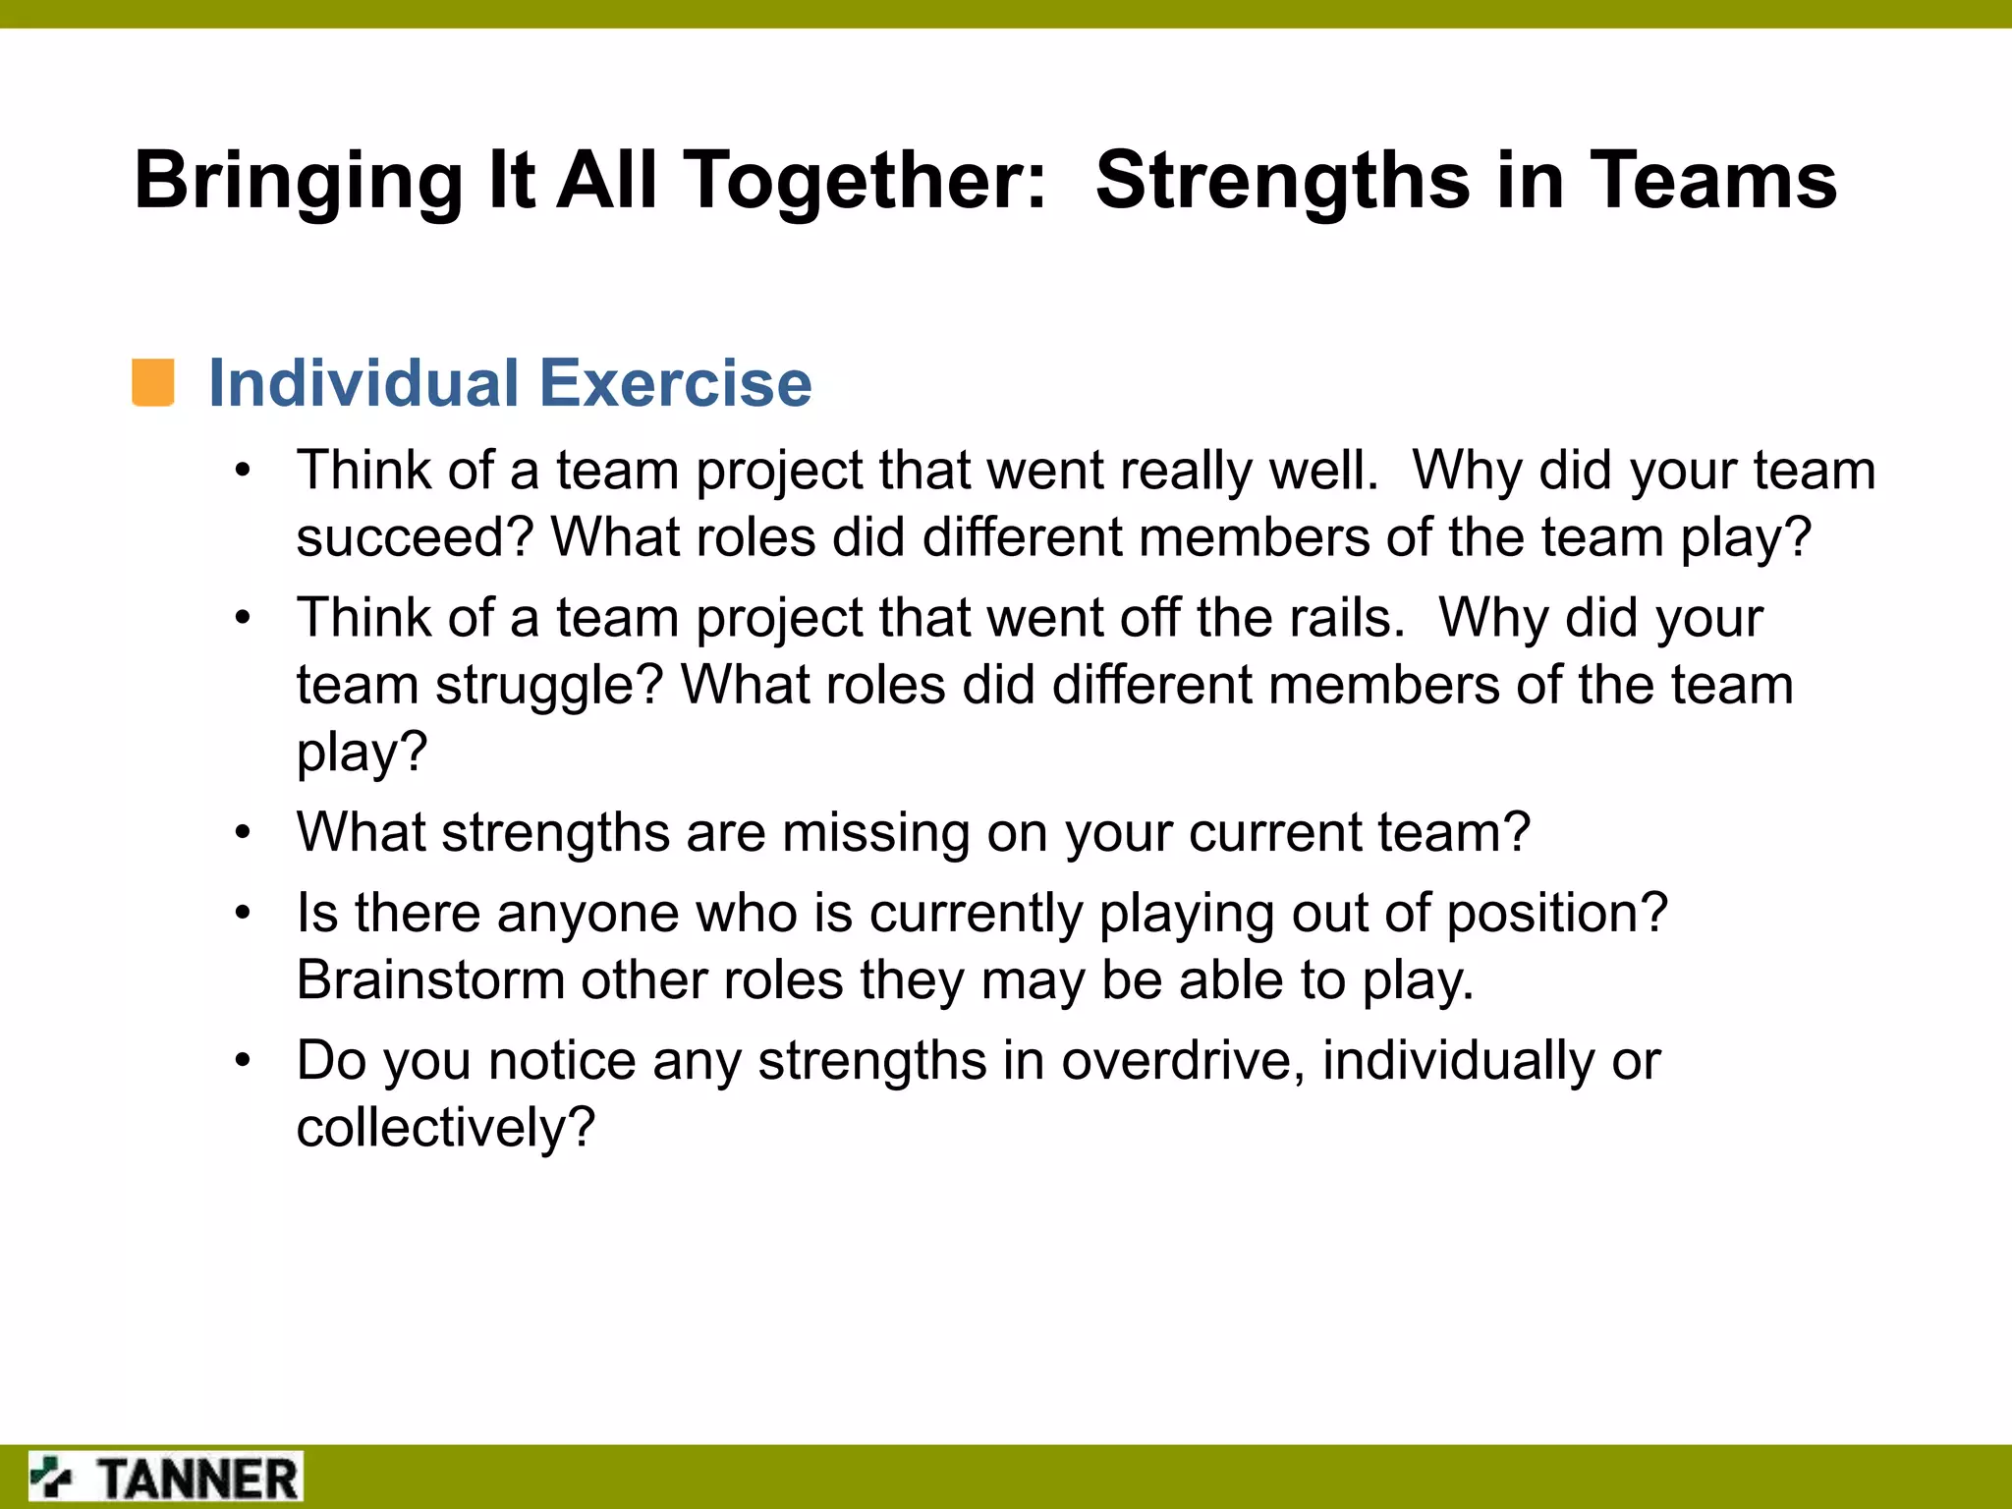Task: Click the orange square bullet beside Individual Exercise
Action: (153, 382)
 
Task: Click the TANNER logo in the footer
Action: (165, 1478)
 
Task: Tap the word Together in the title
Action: (866, 182)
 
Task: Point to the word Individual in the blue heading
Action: (364, 382)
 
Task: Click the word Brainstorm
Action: (430, 980)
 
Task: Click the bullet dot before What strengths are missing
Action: (243, 833)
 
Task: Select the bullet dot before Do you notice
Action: (243, 1061)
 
